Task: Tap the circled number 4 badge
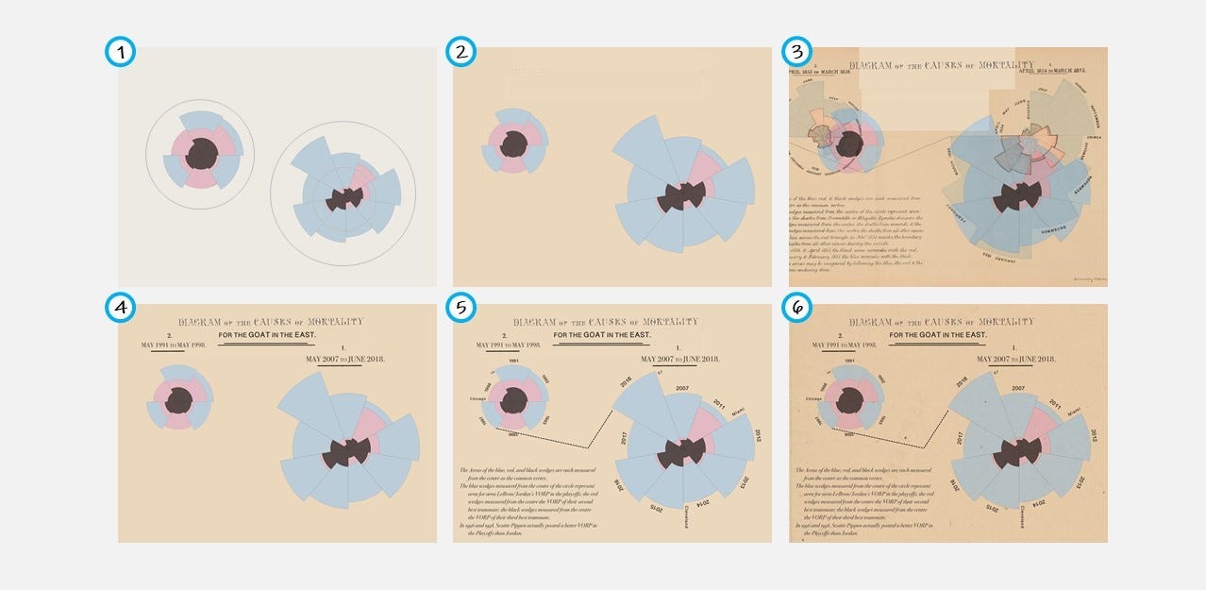pos(120,308)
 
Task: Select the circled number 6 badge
pos(798,308)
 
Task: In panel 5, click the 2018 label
pos(625,381)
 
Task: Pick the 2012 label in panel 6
pos(1093,435)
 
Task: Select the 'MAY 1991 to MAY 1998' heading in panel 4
pos(173,345)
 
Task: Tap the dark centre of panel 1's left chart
pos(200,154)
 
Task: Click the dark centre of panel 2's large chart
pos(684,196)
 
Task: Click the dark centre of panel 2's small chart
pos(513,144)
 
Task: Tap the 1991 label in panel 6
pos(850,362)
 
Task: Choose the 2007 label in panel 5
pos(680,388)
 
